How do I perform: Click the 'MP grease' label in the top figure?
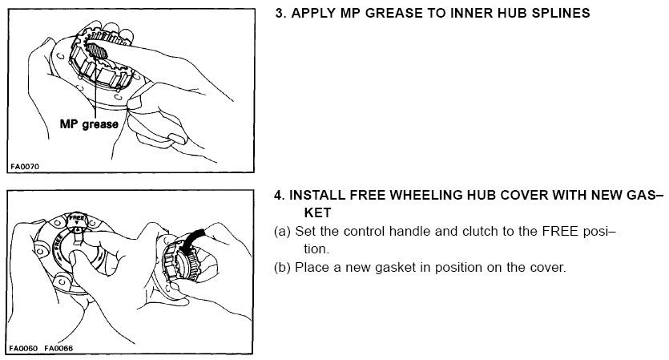(x=89, y=124)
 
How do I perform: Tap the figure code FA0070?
(x=24, y=167)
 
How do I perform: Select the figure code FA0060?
(x=23, y=348)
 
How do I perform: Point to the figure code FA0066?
(x=58, y=348)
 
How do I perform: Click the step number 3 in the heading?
(x=280, y=13)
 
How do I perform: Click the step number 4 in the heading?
(x=279, y=195)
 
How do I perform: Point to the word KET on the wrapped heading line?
(x=317, y=212)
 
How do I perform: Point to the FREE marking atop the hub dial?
(x=77, y=218)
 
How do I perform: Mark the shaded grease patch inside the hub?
(x=97, y=51)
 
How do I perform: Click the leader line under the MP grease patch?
(x=95, y=88)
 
